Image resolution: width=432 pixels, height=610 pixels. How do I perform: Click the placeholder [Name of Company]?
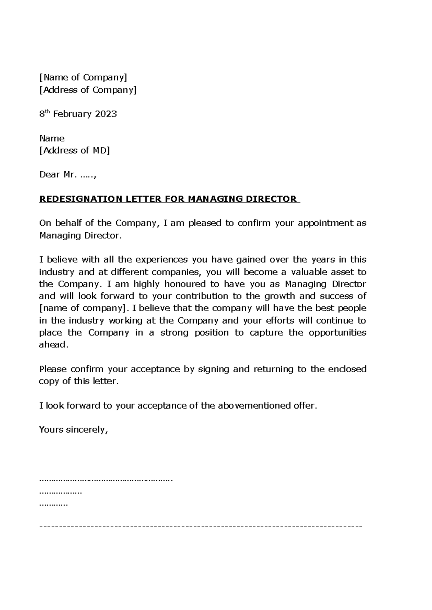pos(83,77)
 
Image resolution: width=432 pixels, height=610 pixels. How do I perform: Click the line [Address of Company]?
pos(88,90)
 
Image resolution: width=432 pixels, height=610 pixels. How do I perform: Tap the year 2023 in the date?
pos(106,114)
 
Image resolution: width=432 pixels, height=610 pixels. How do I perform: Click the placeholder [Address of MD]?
pos(75,150)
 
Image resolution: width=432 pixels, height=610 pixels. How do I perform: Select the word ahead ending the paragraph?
pos(52,345)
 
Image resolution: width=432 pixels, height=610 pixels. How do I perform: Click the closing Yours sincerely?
pos(73,430)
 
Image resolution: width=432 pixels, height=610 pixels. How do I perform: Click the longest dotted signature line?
pos(106,480)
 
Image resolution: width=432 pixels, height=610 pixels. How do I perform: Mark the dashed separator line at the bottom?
pos(200,527)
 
